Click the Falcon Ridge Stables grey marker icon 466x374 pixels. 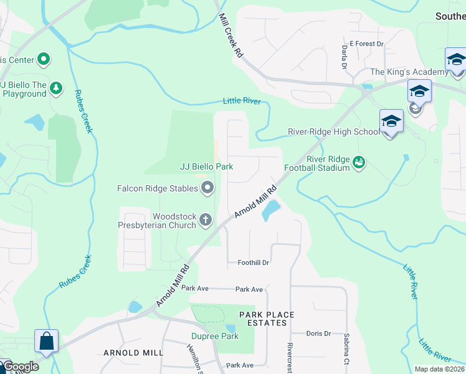pyautogui.click(x=207, y=188)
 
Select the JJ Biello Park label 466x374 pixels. pyautogui.click(x=206, y=166)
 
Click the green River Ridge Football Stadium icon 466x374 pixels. pyautogui.click(x=358, y=163)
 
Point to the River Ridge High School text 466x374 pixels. pyautogui.click(x=333, y=132)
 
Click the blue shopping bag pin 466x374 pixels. pyautogui.click(x=47, y=342)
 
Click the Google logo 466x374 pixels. pyautogui.click(x=20, y=367)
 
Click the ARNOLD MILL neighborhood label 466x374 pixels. pyautogui.click(x=133, y=353)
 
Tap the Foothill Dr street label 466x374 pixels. pyautogui.click(x=253, y=262)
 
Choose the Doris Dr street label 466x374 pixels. pyautogui.click(x=318, y=333)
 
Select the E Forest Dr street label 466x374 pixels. pyautogui.click(x=366, y=44)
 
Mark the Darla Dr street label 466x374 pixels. pyautogui.click(x=344, y=57)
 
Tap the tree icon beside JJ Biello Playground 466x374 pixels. pyautogui.click(x=56, y=88)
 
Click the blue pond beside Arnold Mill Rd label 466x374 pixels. pyautogui.click(x=270, y=211)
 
